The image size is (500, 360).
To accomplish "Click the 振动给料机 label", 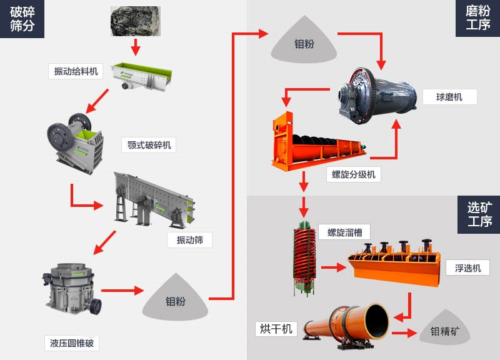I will click(76, 71).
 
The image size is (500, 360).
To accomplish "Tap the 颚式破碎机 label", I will click(148, 145).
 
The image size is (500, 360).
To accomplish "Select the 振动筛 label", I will click(189, 240).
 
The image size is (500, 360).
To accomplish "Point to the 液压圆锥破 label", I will click(72, 342).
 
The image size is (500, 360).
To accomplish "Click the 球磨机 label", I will click(449, 97).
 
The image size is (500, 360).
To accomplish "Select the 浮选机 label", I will click(467, 268).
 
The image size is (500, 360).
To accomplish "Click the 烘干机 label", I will click(276, 329).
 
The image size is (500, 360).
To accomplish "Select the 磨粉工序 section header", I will click(478, 18).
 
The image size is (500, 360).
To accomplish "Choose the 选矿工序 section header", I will click(479, 214).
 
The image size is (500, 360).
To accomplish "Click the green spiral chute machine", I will click(304, 257).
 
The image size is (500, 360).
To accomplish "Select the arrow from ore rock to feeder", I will click(135, 46).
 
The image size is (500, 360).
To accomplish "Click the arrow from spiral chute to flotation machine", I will click(333, 267).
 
